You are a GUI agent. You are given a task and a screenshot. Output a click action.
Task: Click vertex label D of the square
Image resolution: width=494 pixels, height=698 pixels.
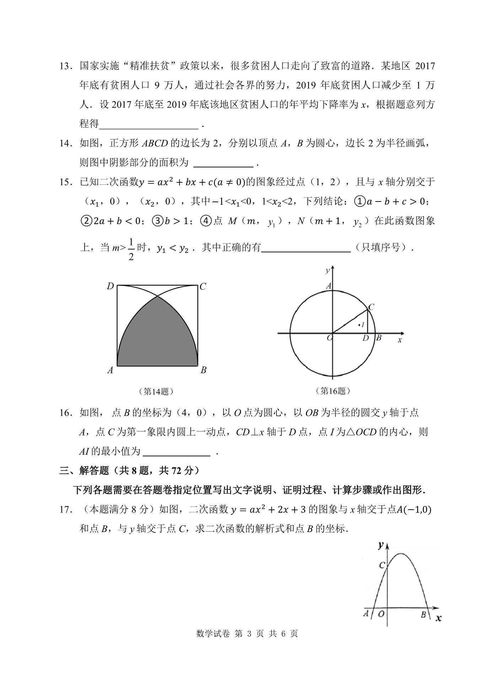110,286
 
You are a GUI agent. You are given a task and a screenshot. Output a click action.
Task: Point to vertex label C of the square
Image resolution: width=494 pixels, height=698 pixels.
203,286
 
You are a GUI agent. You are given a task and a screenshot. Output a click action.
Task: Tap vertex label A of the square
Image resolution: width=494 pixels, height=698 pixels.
110,370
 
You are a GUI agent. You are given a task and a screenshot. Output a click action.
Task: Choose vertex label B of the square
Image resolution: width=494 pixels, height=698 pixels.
203,370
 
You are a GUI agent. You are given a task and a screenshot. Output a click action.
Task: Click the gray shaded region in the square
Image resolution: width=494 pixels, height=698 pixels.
157,338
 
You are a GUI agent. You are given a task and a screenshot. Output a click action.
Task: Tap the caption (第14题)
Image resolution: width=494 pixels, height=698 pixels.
156,391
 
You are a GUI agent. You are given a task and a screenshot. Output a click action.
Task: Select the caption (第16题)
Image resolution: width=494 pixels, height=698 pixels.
333,391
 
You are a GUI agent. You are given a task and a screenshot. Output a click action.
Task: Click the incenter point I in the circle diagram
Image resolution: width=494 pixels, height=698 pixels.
361,324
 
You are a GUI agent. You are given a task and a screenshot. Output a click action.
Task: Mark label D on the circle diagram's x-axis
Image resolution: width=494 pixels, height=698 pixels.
365,338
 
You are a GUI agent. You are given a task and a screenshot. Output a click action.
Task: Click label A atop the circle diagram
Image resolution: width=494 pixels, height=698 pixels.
329,286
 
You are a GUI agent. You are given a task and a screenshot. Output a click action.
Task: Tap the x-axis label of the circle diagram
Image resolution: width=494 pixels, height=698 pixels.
400,340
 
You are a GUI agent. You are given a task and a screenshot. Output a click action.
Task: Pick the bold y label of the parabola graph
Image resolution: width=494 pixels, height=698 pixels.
381,545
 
